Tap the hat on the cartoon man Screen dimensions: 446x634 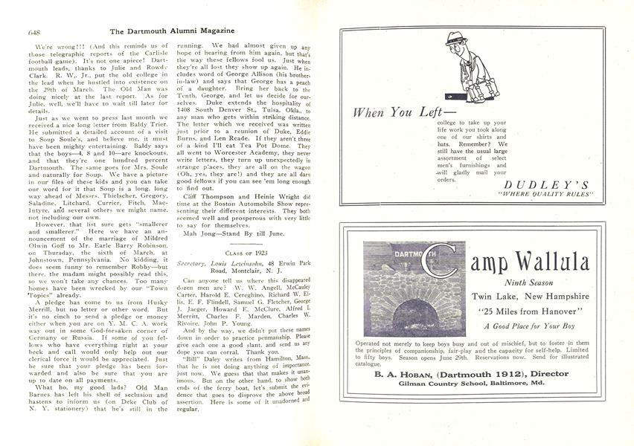pyautogui.click(x=455, y=39)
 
